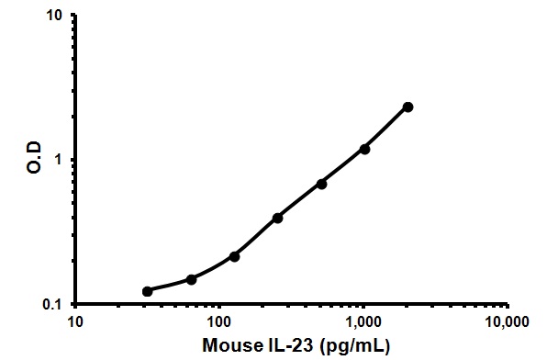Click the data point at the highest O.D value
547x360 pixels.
407,107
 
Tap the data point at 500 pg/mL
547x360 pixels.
321,184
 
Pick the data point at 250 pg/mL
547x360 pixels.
277,218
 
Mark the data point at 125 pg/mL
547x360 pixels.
234,256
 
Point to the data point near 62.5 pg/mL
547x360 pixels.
191,279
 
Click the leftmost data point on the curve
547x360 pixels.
147,291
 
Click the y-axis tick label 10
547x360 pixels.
54,17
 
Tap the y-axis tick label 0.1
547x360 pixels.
52,304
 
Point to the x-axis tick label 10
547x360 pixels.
76,322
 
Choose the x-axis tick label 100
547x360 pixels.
219,322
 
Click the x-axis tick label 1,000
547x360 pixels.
363,322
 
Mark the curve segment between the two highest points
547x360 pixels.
386,128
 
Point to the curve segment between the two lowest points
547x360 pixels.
169,287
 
